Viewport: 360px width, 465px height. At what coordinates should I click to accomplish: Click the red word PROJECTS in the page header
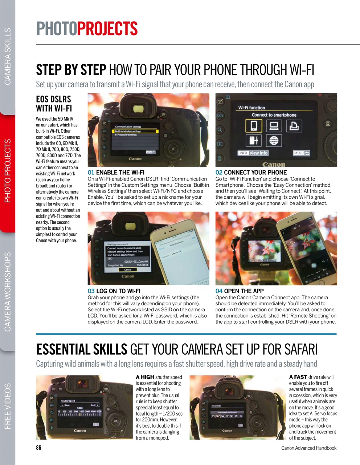(x=107, y=29)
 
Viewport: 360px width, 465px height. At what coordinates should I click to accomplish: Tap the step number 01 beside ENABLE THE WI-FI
(x=91, y=173)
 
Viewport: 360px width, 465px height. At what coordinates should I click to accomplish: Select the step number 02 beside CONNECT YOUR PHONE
(x=219, y=173)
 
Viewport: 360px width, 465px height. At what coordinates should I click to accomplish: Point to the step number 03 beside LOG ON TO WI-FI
(x=91, y=291)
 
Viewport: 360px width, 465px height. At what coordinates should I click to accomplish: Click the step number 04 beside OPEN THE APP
(x=219, y=291)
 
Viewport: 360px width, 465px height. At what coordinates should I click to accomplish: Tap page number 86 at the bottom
(x=38, y=448)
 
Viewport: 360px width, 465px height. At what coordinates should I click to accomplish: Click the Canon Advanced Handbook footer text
(x=308, y=448)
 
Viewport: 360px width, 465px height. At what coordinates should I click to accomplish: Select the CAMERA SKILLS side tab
(x=8, y=56)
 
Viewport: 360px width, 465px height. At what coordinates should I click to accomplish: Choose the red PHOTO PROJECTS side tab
(x=8, y=171)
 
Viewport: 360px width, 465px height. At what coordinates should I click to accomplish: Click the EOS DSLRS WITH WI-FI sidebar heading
(x=54, y=104)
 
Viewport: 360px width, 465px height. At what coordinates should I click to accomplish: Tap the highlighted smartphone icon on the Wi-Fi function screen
(x=254, y=126)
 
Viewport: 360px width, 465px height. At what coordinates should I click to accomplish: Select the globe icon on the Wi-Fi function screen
(x=274, y=140)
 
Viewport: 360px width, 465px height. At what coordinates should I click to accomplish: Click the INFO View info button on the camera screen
(x=253, y=153)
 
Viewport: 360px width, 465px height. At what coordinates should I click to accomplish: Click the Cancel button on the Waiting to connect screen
(x=128, y=270)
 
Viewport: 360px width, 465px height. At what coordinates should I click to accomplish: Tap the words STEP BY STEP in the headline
(x=71, y=69)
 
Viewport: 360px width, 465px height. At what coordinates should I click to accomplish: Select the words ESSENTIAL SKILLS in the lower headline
(x=82, y=349)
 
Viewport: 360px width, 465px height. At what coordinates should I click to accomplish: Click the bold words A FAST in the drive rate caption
(x=298, y=377)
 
